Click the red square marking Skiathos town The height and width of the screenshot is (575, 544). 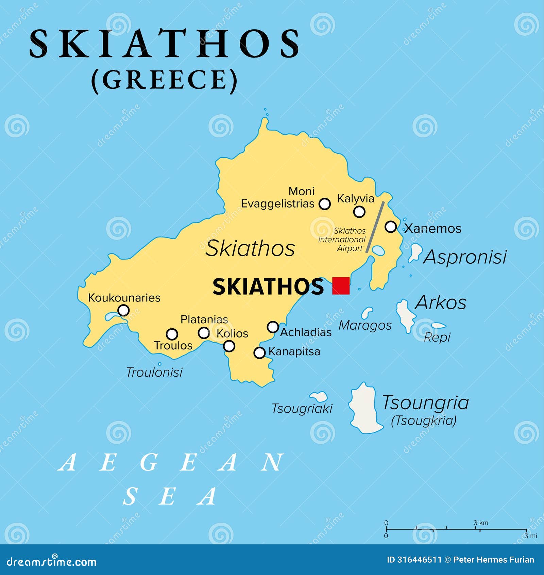pos(341,285)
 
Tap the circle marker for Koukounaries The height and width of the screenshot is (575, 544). pos(123,310)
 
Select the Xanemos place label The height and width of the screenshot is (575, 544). pos(432,228)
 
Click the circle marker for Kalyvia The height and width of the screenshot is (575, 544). pos(359,212)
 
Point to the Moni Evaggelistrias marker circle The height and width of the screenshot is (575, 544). pos(325,204)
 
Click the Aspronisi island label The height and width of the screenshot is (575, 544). pos(465,257)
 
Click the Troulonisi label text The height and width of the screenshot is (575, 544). pos(154,372)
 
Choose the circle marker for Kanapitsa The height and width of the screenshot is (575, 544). pos(260,352)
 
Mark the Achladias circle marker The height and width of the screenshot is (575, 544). pos(273,327)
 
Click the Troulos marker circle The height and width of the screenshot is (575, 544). pos(172,334)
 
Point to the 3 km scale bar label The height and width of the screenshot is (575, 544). pos(481,523)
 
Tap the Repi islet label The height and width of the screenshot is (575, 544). pos(437,337)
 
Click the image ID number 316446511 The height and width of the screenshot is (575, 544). pos(419,560)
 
